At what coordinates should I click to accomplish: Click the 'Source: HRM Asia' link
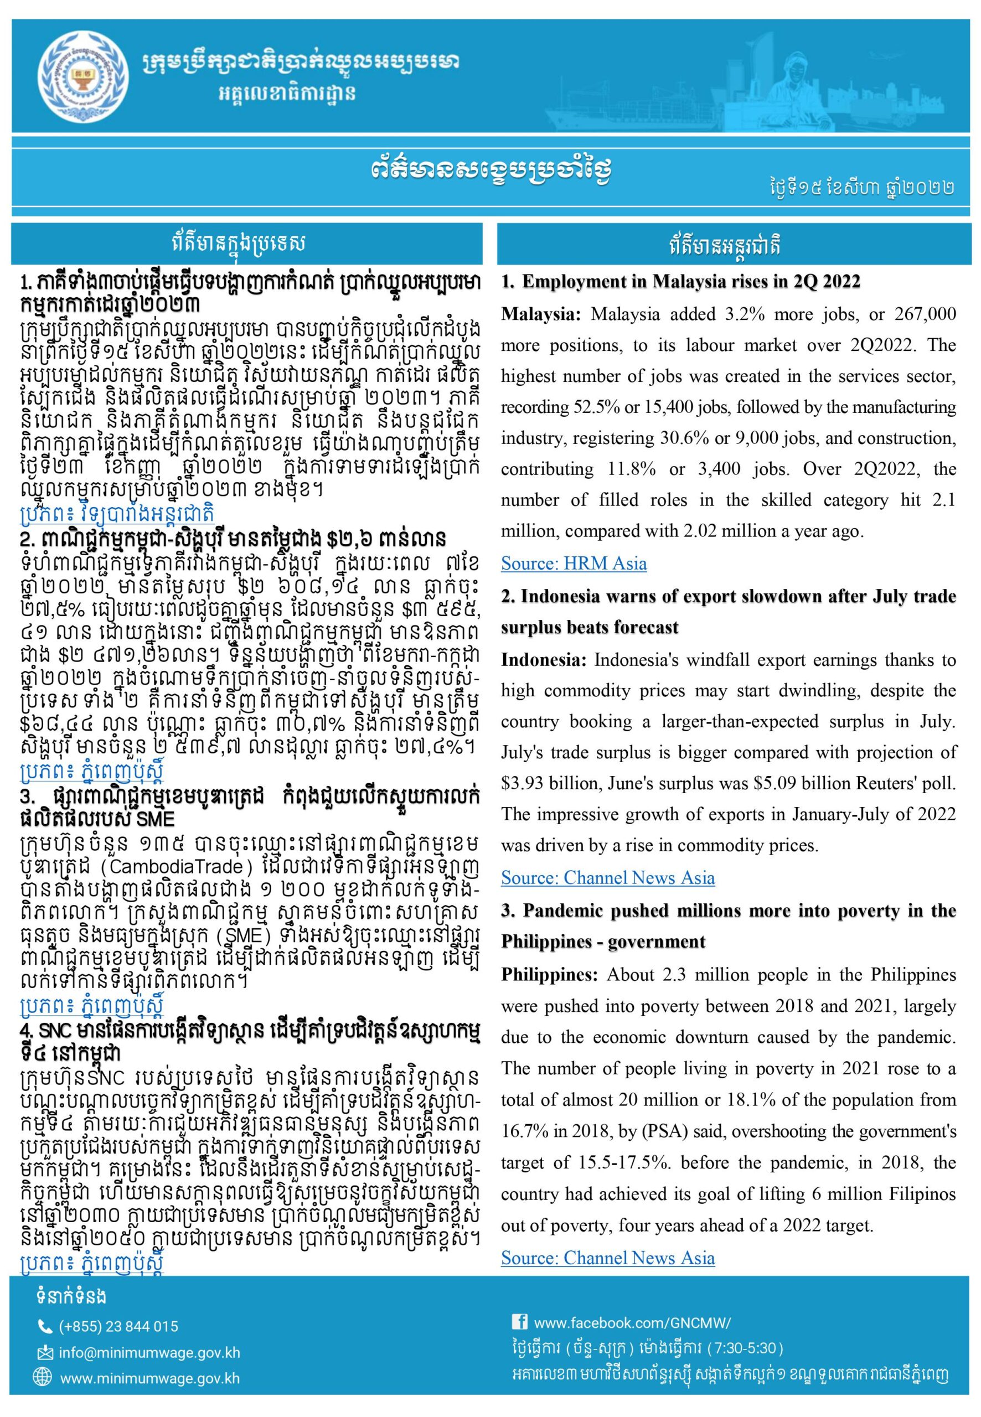tap(574, 563)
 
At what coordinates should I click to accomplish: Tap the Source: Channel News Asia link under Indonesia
tap(607, 877)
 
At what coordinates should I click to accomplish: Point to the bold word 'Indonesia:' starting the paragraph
tap(543, 659)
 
